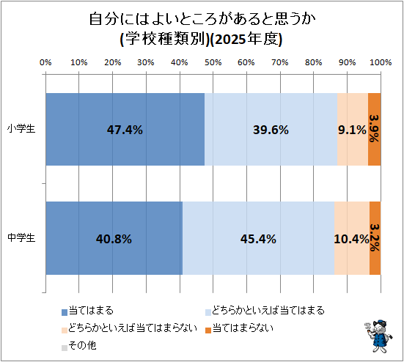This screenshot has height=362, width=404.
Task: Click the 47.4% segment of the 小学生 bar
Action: click(x=125, y=129)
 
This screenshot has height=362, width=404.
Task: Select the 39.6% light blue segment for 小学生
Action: click(x=271, y=129)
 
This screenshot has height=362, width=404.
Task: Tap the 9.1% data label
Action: click(x=352, y=130)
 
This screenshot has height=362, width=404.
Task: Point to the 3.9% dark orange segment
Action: click(x=375, y=129)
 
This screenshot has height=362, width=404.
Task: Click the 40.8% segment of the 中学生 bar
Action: click(x=114, y=238)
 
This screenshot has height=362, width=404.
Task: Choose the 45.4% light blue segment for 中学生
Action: click(x=258, y=238)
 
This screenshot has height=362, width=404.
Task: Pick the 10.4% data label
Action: click(x=352, y=239)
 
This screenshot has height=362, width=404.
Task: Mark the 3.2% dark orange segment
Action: click(x=375, y=238)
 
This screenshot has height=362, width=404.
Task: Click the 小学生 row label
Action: click(x=21, y=128)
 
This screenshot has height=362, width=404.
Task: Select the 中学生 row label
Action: click(x=21, y=237)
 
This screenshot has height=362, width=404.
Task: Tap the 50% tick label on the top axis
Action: click(x=213, y=62)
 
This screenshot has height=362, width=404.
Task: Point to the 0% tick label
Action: click(x=45, y=62)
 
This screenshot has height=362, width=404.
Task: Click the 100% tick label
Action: click(x=381, y=62)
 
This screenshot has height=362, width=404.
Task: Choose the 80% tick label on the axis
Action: click(x=314, y=62)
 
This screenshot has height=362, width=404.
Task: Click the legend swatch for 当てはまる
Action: click(x=65, y=312)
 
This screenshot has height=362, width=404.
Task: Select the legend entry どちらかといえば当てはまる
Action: click(x=265, y=311)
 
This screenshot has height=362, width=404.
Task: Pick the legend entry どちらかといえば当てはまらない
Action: click(x=129, y=328)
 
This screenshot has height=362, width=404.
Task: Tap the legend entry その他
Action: click(x=79, y=346)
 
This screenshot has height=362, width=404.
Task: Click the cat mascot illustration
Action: click(x=378, y=336)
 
